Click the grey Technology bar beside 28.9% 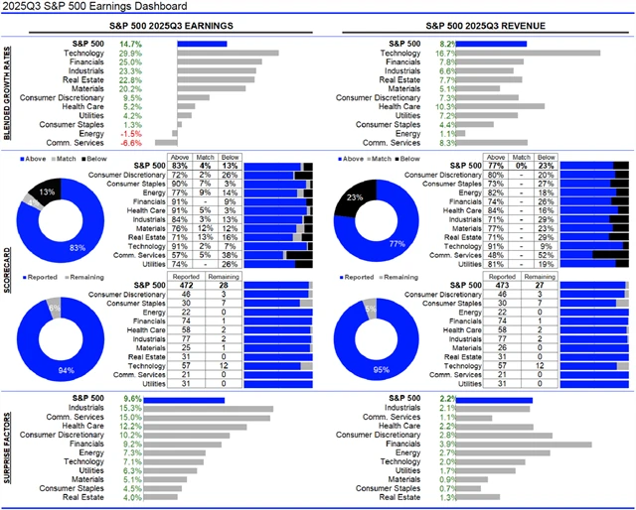228,53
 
